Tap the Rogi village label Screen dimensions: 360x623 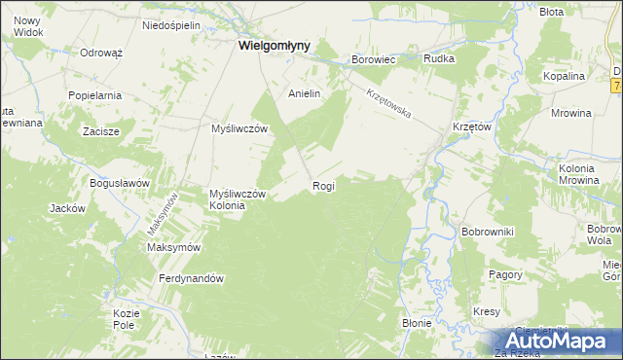tap(324, 185)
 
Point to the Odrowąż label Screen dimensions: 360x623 tap(100, 53)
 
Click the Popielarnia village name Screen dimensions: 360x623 tap(94, 95)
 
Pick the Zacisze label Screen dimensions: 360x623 tap(100, 131)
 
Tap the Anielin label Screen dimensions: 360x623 tap(305, 94)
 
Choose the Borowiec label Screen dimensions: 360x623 tap(373, 59)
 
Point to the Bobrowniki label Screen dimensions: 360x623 tap(488, 232)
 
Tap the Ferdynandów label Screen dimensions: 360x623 tap(192, 278)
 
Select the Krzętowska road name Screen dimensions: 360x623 tap(389, 104)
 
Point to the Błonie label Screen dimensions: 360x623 tap(417, 322)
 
